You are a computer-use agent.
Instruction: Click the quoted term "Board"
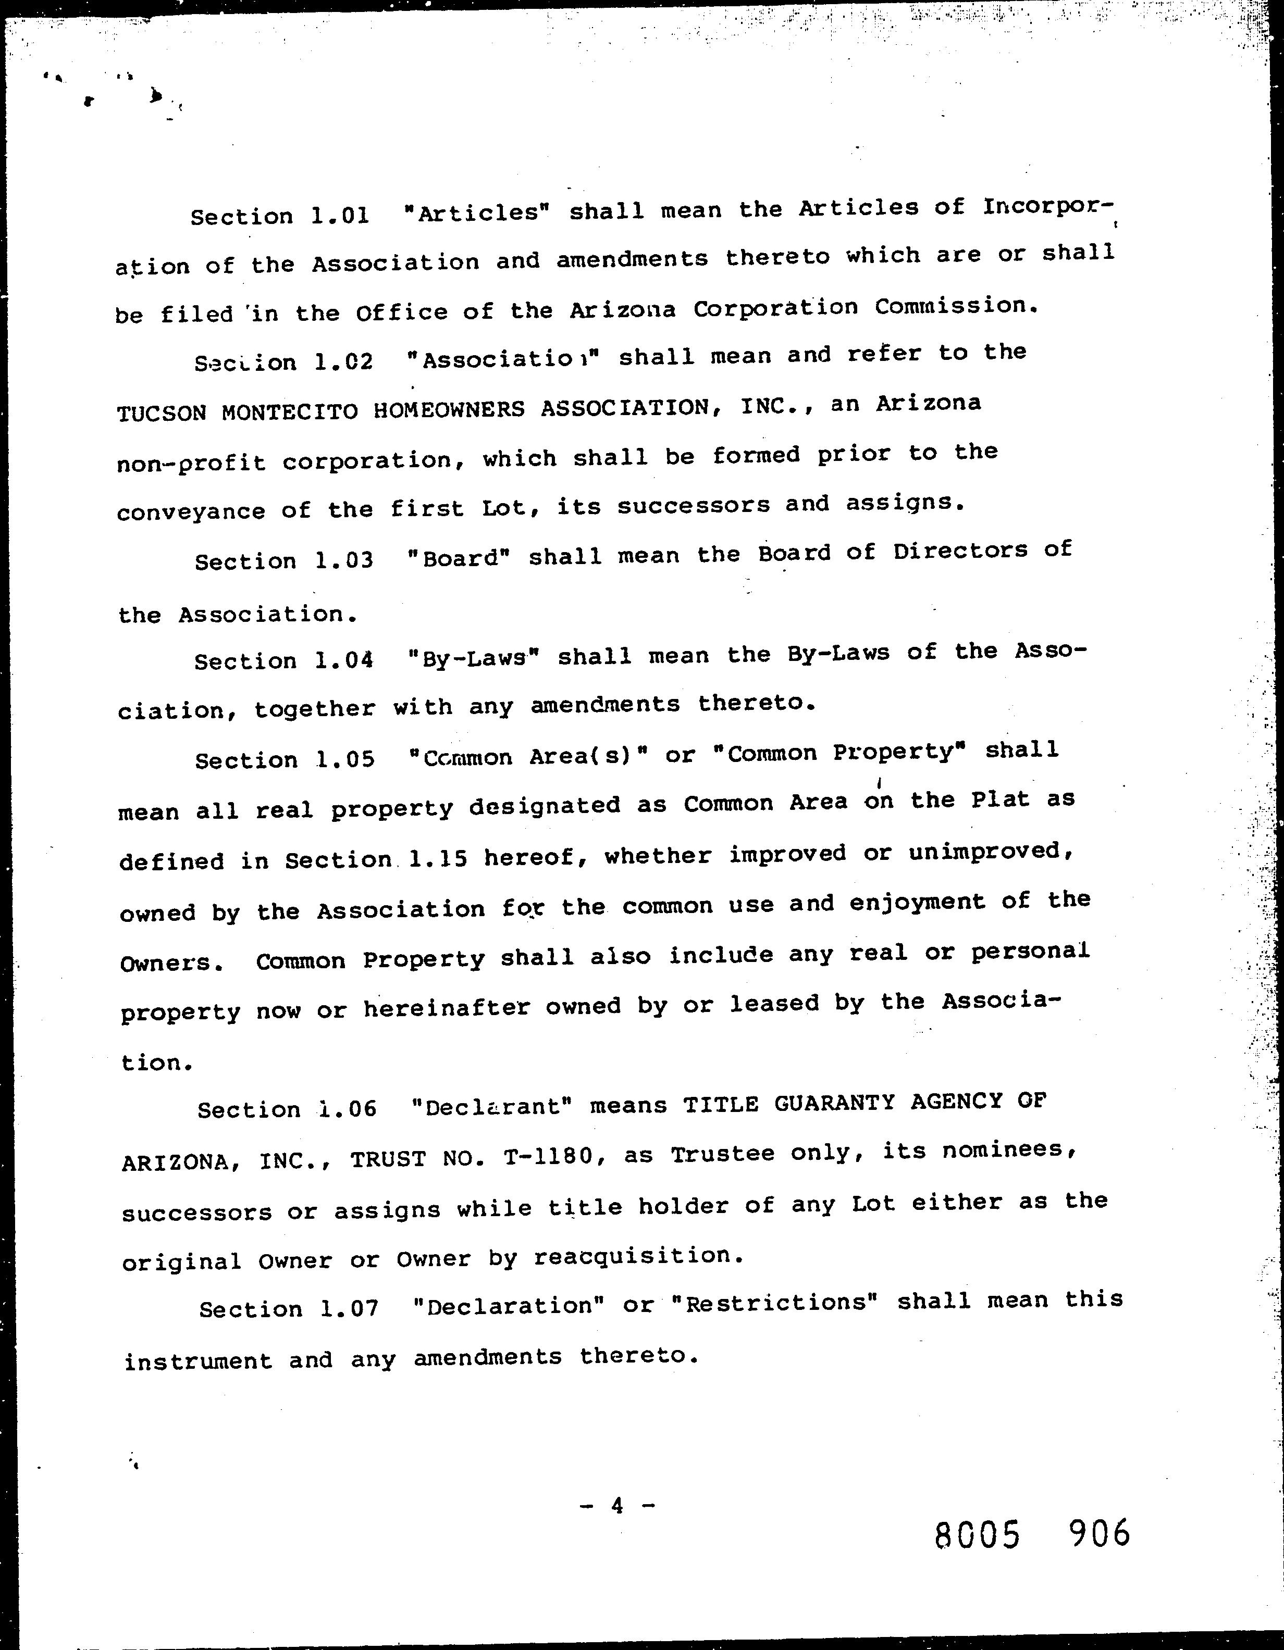459,558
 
